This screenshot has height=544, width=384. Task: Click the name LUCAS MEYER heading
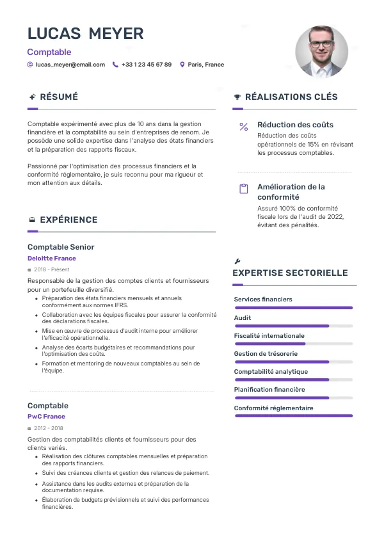pos(85,33)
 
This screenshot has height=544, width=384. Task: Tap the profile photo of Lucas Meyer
pos(321,52)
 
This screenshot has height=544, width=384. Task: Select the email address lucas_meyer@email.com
pos(70,65)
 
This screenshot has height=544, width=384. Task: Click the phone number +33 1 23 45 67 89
pos(146,65)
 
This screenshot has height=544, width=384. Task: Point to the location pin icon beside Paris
pos(182,65)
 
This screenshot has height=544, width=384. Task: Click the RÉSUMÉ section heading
pos(59,97)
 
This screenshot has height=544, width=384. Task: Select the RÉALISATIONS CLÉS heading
pos(291,97)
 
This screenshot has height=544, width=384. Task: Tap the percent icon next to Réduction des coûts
pos(243,127)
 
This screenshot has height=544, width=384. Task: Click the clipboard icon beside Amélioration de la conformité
pos(243,189)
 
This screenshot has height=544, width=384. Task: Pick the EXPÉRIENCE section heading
pos(68,220)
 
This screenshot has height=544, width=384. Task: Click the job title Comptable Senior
pos(61,247)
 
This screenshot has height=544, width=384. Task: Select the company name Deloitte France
pos(52,259)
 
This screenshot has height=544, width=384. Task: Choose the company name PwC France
pos(46,417)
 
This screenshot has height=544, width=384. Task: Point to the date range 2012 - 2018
pos(49,428)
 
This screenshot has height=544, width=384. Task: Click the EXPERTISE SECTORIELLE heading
pos(290,273)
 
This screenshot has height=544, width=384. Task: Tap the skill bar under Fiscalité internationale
pos(293,344)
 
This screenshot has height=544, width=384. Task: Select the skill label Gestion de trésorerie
pos(266,354)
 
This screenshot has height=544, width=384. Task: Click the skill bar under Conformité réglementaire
pos(293,415)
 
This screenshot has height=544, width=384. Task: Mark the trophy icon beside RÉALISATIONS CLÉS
pos(237,97)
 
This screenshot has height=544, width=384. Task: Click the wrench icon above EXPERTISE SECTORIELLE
pos(237,261)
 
